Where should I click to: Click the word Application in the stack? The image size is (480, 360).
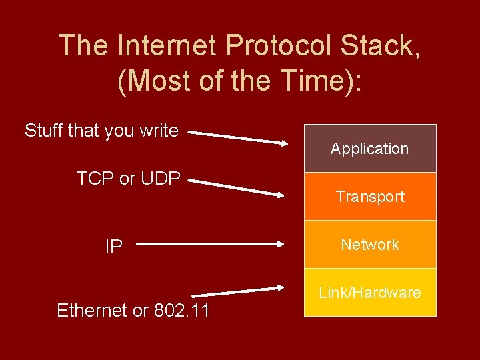(x=369, y=149)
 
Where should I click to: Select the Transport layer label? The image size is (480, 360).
(x=370, y=197)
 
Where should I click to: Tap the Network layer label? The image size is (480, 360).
(x=370, y=245)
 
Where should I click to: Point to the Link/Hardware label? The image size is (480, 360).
(x=370, y=293)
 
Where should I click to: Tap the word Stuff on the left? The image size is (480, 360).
(x=44, y=130)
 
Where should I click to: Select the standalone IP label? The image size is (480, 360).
(x=113, y=247)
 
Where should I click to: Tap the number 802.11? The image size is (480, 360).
(x=182, y=310)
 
